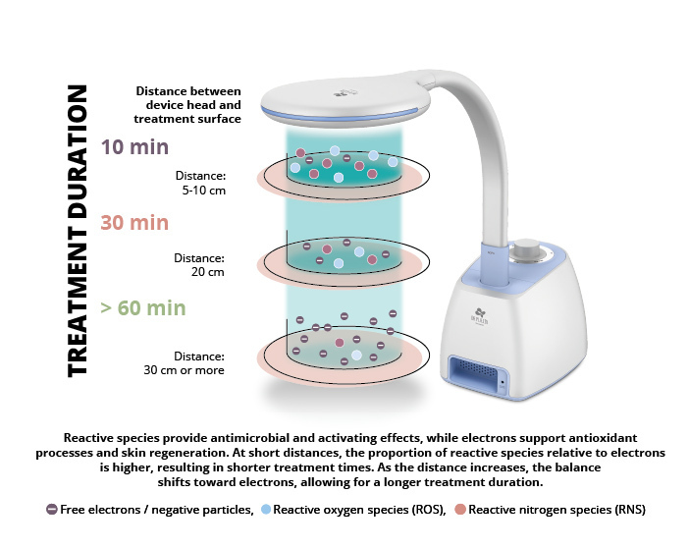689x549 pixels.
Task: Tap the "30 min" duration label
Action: point(134,222)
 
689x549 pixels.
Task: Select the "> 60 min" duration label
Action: point(143,307)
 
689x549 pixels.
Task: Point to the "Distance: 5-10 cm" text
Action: point(200,184)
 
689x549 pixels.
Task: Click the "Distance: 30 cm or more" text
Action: point(185,362)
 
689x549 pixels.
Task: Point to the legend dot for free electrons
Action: point(51,510)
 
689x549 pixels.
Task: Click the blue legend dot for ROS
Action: point(266,510)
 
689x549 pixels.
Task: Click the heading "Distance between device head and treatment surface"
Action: point(188,105)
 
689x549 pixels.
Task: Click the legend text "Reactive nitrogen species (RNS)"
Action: point(556,510)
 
